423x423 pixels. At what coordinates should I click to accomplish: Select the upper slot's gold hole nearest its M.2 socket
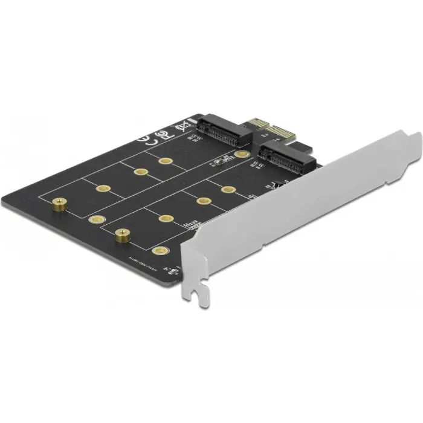point(165,161)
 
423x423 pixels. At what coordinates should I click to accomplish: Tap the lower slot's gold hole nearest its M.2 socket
point(228,190)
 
